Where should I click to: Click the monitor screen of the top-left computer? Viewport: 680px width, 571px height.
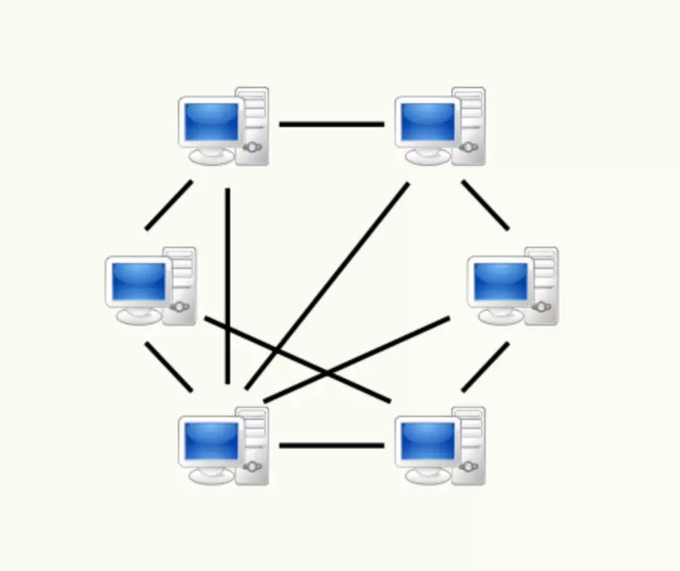pyautogui.click(x=211, y=121)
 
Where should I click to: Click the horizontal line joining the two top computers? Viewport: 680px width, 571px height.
pyautogui.click(x=332, y=124)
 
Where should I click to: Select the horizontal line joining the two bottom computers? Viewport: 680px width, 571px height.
pyautogui.click(x=332, y=445)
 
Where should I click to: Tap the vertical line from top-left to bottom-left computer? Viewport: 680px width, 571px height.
pyautogui.click(x=227, y=284)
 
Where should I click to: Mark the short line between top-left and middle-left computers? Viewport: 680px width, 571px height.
pyautogui.click(x=169, y=205)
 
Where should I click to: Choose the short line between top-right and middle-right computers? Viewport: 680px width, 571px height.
pyautogui.click(x=485, y=204)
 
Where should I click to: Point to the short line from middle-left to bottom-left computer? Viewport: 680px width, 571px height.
pyautogui.click(x=169, y=366)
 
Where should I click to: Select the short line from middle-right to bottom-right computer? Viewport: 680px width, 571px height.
pyautogui.click(x=485, y=366)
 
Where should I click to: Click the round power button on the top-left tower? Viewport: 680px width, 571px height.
pyautogui.click(x=253, y=147)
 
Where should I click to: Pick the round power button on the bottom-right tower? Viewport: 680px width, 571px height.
pyautogui.click(x=469, y=467)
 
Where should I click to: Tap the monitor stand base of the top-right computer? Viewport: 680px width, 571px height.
pyautogui.click(x=427, y=158)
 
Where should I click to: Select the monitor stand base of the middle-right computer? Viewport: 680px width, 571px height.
pyautogui.click(x=500, y=318)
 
